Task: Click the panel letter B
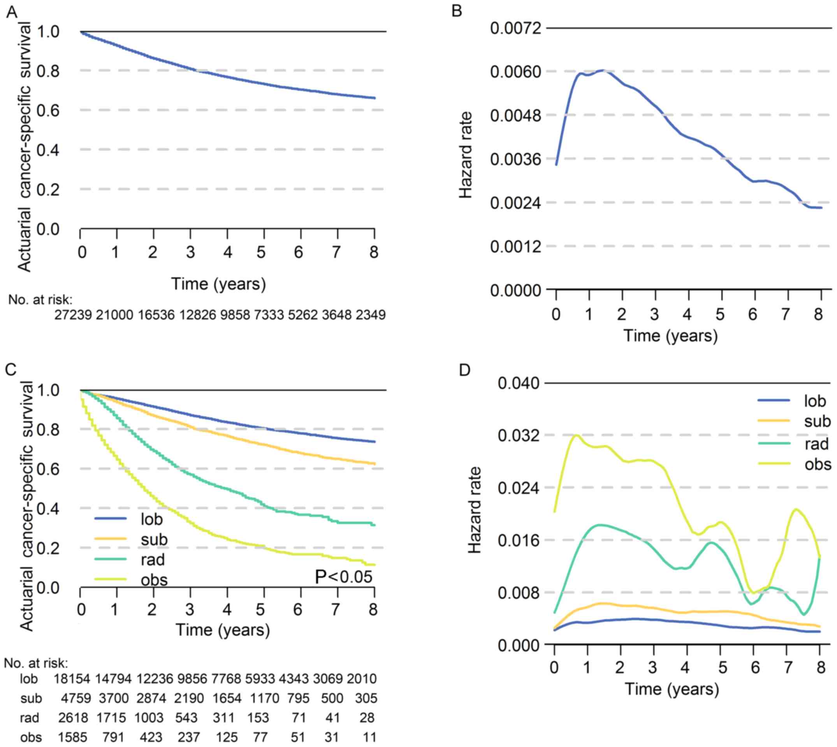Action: [x=457, y=11]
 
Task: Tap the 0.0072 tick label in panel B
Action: [x=515, y=29]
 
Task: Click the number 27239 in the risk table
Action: [x=73, y=315]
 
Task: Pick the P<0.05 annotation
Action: [x=343, y=577]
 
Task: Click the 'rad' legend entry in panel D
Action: [x=816, y=444]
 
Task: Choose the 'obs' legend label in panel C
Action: [x=154, y=580]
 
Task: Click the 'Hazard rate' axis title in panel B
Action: [x=466, y=155]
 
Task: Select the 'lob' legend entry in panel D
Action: [x=815, y=401]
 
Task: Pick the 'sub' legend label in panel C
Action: [x=154, y=539]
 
